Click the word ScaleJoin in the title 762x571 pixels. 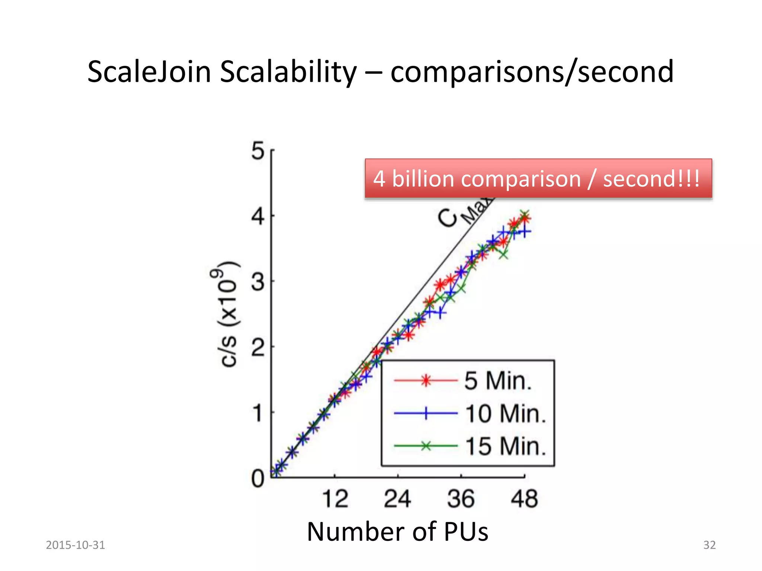[149, 72]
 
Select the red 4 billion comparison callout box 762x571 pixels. [538, 178]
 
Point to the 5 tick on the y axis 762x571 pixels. [257, 151]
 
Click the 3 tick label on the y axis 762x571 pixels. [257, 282]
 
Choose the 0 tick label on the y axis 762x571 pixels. [257, 479]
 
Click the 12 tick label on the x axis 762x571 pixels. [335, 499]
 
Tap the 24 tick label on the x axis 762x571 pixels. [397, 499]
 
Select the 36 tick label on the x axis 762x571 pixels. [461, 499]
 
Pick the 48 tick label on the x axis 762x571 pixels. [524, 499]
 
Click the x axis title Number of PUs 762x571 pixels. [397, 532]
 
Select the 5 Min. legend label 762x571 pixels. [498, 381]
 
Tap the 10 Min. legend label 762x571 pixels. [505, 413]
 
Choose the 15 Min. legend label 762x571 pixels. [505, 446]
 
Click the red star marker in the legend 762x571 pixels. [426, 380]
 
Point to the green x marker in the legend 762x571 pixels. [426, 446]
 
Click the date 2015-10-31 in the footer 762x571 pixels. [76, 545]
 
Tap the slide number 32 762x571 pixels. [709, 545]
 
